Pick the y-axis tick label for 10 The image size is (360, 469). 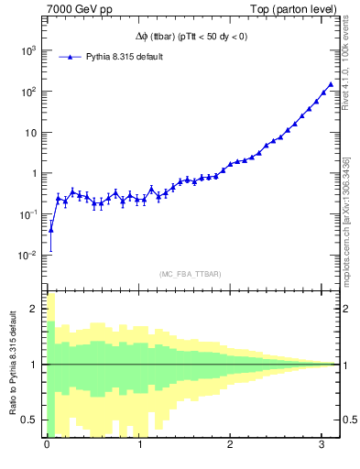click(x=28, y=133)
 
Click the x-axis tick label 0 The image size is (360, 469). click(x=47, y=446)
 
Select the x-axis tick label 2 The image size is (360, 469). click(x=231, y=446)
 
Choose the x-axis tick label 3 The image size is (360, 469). click(x=323, y=446)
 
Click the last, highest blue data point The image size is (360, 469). click(x=331, y=84)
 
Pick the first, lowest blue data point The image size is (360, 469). click(x=51, y=230)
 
